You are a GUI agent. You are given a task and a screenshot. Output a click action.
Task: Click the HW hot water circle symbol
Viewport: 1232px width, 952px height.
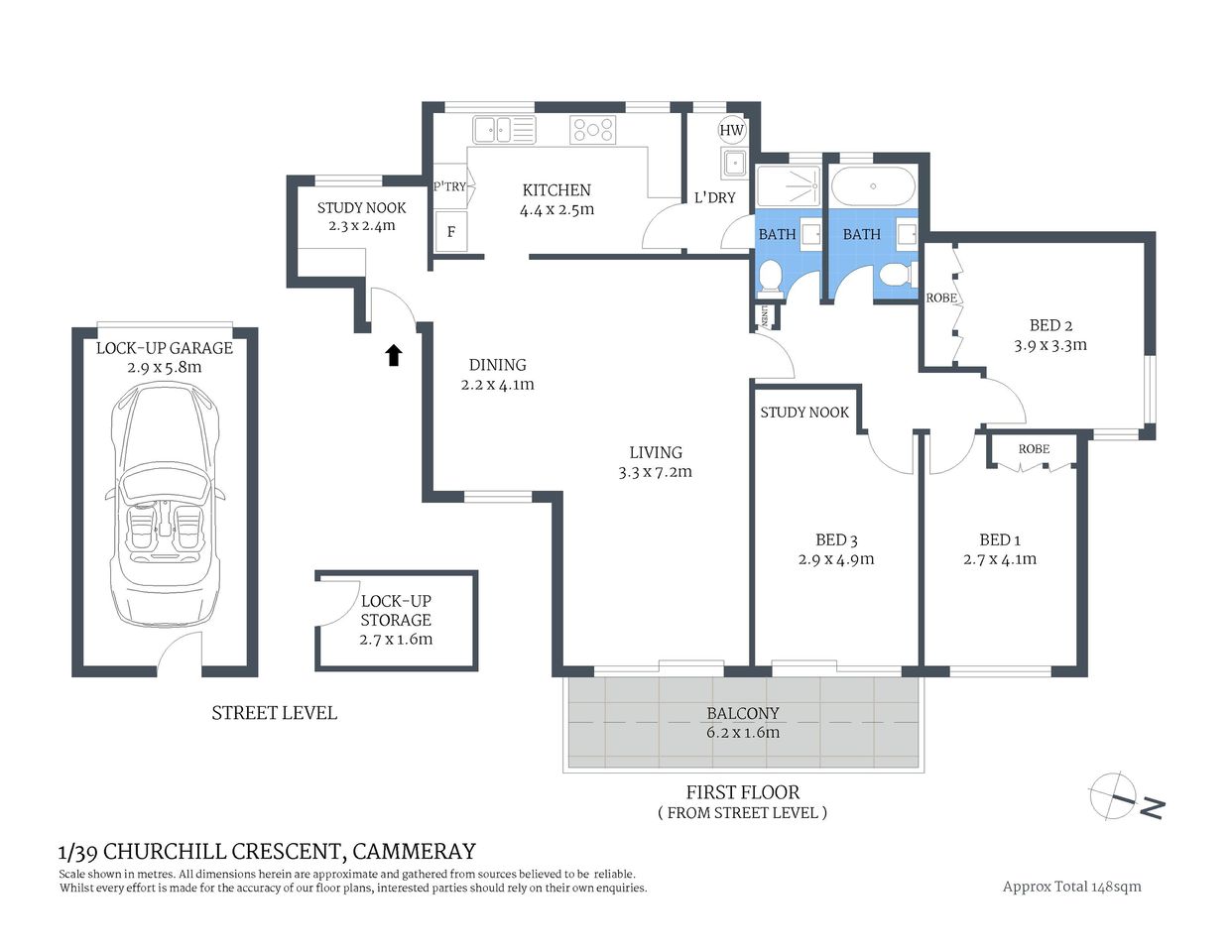(x=731, y=130)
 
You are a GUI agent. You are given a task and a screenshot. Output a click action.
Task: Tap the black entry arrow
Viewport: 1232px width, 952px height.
(x=394, y=355)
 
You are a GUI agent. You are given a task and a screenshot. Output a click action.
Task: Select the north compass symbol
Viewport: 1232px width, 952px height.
(x=1123, y=797)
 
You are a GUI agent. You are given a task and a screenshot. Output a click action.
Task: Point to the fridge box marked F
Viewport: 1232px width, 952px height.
(x=451, y=232)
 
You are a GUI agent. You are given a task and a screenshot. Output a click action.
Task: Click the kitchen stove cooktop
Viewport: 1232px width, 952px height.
(x=592, y=129)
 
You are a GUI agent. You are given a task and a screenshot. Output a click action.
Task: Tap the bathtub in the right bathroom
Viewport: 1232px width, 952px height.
(x=873, y=186)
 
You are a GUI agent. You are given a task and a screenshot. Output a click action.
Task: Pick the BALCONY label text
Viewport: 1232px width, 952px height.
(x=743, y=713)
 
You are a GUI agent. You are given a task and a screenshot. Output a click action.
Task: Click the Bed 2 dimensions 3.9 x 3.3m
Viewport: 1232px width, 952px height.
(x=1050, y=345)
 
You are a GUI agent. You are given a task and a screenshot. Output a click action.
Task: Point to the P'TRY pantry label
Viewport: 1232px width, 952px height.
(x=449, y=186)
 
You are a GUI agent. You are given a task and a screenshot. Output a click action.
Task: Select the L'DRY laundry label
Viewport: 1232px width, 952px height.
(x=714, y=197)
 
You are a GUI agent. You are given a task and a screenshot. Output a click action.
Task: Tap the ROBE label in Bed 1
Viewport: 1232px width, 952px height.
(x=1034, y=449)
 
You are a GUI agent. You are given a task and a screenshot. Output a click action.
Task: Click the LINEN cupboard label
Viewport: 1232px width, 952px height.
(x=765, y=315)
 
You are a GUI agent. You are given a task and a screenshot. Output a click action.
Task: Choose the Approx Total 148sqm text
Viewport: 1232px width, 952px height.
(x=1071, y=887)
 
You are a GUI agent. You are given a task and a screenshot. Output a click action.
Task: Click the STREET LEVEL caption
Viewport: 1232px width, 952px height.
(x=274, y=713)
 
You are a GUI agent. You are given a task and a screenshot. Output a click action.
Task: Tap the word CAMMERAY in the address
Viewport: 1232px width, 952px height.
(x=414, y=851)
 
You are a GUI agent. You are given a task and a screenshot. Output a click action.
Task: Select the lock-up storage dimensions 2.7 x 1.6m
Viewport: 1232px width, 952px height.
(x=396, y=639)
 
